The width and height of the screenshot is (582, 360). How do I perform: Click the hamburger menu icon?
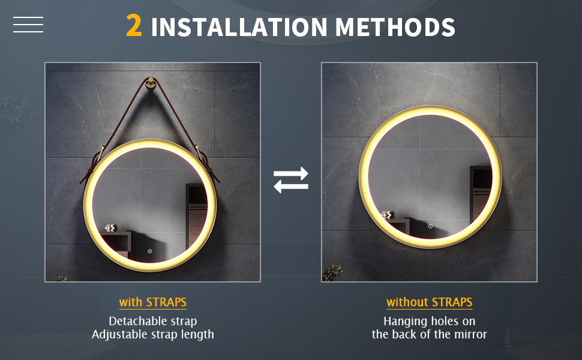tap(28, 25)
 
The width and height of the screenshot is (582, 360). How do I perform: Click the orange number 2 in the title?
tap(134, 26)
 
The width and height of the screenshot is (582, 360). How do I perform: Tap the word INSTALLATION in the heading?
tap(239, 27)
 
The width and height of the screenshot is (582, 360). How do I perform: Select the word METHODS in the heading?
tap(395, 27)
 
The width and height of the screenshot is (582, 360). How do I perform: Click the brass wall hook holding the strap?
tap(151, 82)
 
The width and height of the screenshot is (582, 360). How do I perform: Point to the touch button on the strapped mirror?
tap(150, 251)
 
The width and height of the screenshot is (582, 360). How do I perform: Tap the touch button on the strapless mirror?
tap(430, 226)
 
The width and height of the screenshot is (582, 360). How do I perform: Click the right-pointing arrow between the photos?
tap(291, 173)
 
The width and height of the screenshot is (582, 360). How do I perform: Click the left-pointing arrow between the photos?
tap(291, 187)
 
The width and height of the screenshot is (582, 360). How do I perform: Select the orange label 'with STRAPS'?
tap(153, 302)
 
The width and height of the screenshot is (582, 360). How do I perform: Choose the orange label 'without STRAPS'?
tap(430, 302)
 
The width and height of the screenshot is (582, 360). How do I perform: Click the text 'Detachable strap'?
tap(153, 321)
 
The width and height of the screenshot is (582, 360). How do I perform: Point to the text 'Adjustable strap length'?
tap(153, 334)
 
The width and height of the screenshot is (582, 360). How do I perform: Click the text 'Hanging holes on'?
tap(430, 321)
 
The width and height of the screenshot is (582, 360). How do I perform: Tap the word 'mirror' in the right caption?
tap(470, 334)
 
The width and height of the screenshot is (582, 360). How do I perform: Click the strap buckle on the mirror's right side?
tap(203, 158)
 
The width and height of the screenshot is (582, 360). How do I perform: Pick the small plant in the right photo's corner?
tap(332, 273)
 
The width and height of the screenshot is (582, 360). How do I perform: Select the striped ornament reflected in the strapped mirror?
tap(111, 228)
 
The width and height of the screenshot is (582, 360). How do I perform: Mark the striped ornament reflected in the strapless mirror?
tap(388, 215)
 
